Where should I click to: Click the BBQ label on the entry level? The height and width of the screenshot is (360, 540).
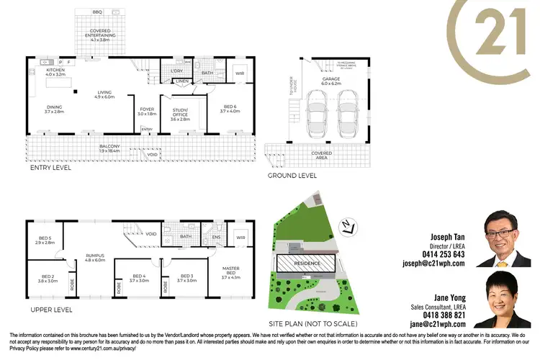point(97,12)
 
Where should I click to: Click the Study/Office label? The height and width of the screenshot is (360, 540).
point(180,113)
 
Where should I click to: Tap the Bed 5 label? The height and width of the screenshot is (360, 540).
point(45,240)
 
